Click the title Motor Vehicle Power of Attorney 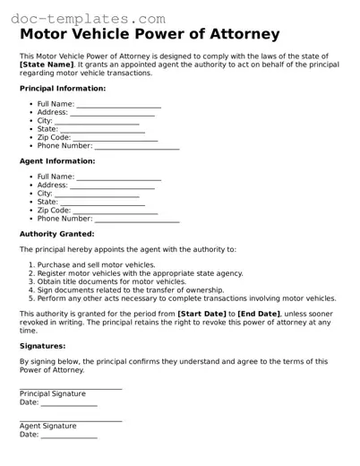coord(149,35)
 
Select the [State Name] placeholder coord(47,65)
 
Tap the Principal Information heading coord(62,89)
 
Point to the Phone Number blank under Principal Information coord(137,145)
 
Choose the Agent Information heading coord(56,161)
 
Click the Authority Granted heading coord(56,234)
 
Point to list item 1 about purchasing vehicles coord(96,265)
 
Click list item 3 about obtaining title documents coord(112,281)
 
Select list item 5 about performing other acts coord(186,298)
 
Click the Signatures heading coord(42,345)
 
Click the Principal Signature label coord(53,393)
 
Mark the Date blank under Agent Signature coord(69,435)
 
